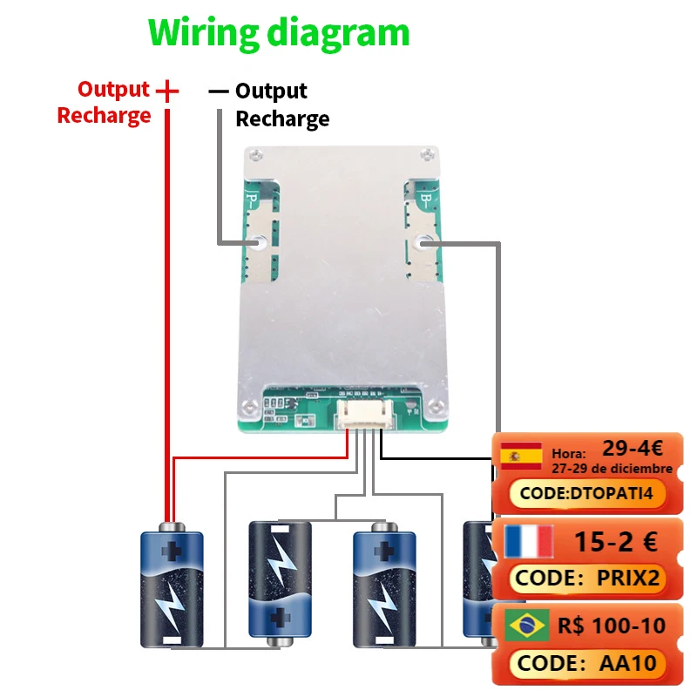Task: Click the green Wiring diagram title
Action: coord(278,32)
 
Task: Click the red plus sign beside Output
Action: coord(166,90)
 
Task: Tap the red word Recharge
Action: coord(104,116)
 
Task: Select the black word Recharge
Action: coord(282,119)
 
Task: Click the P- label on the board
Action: coord(254,200)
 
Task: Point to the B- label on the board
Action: coord(426,200)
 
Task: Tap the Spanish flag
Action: coord(521,456)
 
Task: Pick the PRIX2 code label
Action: coord(587,578)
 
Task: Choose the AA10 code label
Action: coord(585,664)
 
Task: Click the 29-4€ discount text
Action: coord(633,448)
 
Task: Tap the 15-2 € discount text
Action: coord(615,541)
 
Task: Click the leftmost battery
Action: coord(173,585)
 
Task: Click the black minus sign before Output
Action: coord(218,91)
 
